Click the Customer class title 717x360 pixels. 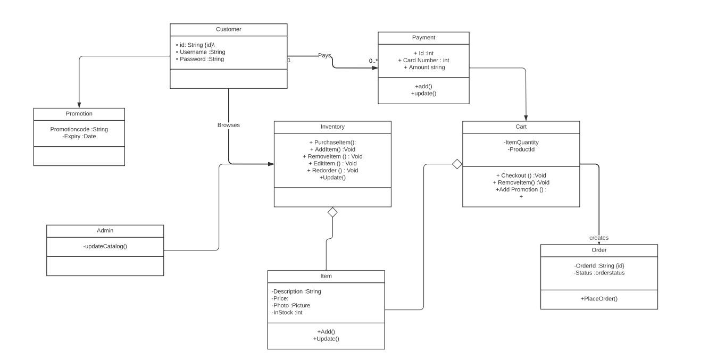tap(228, 29)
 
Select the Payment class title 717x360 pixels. tap(423, 37)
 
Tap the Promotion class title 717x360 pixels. tap(79, 113)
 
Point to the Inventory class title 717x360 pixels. tap(332, 127)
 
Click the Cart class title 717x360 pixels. tap(521, 127)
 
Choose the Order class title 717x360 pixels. tap(599, 250)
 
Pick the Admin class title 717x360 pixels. tap(105, 230)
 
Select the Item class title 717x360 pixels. tap(326, 276)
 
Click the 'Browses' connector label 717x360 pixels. tap(228, 125)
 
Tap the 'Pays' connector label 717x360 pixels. tap(324, 55)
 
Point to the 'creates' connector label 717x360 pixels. tap(599, 238)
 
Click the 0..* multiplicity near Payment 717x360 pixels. tap(373, 61)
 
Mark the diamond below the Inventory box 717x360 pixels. tap(332, 212)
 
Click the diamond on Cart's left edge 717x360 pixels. tap(457, 164)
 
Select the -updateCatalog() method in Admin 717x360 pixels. tap(105, 246)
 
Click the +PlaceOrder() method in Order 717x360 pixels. tap(599, 298)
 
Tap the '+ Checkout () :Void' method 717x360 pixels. tap(521, 175)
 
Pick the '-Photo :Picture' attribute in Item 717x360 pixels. tap(291, 305)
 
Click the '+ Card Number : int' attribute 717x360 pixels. tap(423, 60)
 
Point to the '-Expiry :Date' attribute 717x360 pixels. tap(79, 136)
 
